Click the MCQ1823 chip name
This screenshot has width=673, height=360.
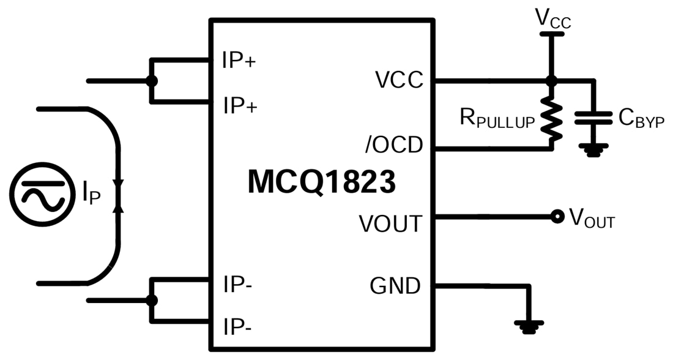click(x=321, y=183)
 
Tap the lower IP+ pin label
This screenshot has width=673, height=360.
click(x=240, y=106)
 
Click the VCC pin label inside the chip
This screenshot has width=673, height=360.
click(x=399, y=80)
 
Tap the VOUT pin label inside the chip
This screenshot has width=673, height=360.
click(x=390, y=224)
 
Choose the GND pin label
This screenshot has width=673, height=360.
click(x=395, y=285)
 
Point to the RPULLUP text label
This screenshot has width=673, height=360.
click(x=497, y=120)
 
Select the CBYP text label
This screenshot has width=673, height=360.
click(x=641, y=118)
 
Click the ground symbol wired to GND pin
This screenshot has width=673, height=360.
click(x=528, y=327)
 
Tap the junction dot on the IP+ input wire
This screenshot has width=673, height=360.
click(x=151, y=81)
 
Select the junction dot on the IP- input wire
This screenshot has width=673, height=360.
click(x=151, y=301)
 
